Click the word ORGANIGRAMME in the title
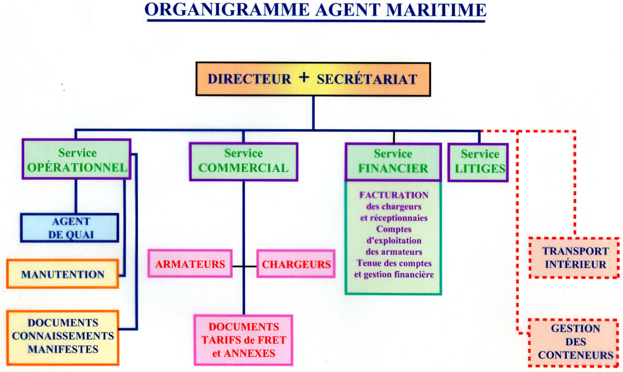[227, 10]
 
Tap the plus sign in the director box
[304, 77]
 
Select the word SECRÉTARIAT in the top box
[367, 79]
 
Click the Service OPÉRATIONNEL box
[77, 160]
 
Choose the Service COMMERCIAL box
[243, 162]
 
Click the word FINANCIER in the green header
[393, 169]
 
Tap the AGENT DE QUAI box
[70, 228]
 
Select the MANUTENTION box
[63, 274]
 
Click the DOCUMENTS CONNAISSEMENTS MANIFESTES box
[63, 336]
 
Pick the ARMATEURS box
[190, 264]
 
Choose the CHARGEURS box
[296, 264]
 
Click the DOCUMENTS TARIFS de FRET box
[243, 340]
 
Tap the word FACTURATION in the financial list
[394, 195]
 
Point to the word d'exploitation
[394, 241]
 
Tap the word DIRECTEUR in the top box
[249, 79]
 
